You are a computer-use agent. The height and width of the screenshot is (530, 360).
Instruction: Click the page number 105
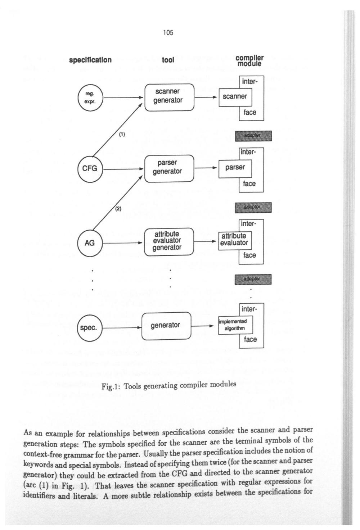click(168, 33)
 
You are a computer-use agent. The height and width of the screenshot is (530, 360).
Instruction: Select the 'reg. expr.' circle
click(90, 97)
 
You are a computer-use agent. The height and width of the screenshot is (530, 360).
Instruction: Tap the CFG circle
click(90, 168)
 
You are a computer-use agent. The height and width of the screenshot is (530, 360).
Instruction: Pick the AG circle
click(90, 243)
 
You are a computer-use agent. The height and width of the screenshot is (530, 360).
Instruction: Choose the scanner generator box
click(169, 97)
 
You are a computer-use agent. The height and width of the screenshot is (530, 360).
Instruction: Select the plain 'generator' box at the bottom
click(166, 326)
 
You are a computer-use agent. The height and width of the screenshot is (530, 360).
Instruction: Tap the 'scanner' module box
click(235, 97)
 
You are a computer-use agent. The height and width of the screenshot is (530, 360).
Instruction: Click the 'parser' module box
click(235, 168)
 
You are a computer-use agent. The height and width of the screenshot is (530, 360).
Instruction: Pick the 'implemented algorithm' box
click(235, 325)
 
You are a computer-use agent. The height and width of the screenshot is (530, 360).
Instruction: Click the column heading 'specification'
click(90, 60)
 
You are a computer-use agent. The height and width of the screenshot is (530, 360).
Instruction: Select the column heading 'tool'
click(168, 60)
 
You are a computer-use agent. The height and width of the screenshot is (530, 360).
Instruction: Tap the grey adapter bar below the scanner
click(253, 136)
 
